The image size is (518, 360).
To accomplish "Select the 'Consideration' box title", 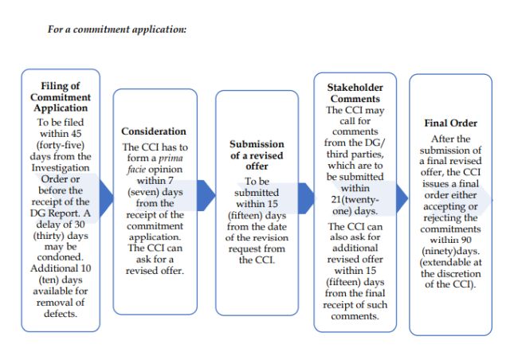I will coord(154,131).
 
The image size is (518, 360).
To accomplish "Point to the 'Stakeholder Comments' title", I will coord(355,92).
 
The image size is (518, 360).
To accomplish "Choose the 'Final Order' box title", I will coord(451,123).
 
